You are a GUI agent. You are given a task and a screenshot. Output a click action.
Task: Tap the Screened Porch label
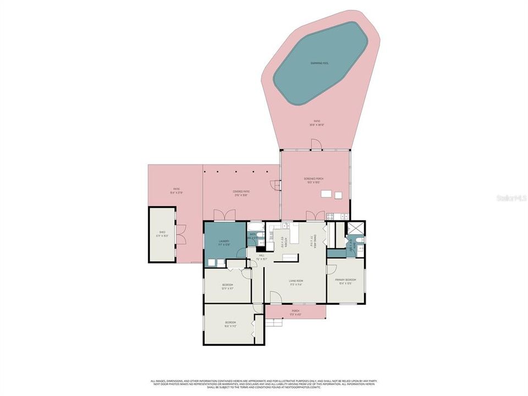[316, 180]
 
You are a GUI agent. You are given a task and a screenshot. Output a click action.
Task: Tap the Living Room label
[297, 282]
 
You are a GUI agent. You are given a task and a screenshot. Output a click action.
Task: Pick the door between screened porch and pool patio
[316, 145]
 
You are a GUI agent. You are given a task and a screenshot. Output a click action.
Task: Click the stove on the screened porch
[330, 216]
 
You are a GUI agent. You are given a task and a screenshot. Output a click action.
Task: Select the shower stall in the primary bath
[355, 228]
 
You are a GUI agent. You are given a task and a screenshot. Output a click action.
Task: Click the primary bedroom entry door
[332, 270]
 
